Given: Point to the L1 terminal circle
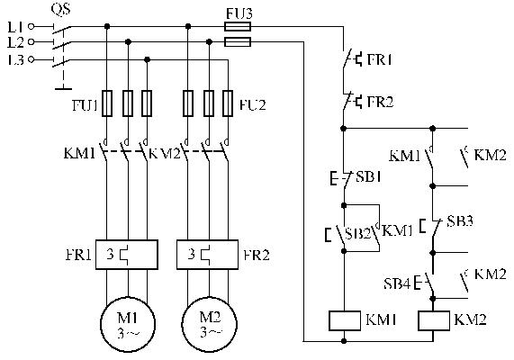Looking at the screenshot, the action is click(x=32, y=26).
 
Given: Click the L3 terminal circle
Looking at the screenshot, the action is click(x=32, y=59).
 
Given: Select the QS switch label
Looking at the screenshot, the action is click(x=60, y=9).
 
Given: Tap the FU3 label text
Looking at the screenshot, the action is click(x=239, y=13).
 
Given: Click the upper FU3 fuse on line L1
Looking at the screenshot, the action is click(x=238, y=27).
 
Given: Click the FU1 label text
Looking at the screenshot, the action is click(x=85, y=105).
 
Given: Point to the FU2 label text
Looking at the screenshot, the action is click(x=253, y=105).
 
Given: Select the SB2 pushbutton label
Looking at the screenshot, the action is click(x=358, y=233).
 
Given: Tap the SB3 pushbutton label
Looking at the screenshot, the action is click(x=460, y=221).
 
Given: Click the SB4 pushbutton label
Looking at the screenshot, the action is click(x=397, y=283).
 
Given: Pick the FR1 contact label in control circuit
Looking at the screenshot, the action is click(x=380, y=59).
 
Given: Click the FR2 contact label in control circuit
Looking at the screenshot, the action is click(x=380, y=102).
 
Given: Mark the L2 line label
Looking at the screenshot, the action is click(x=15, y=42).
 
